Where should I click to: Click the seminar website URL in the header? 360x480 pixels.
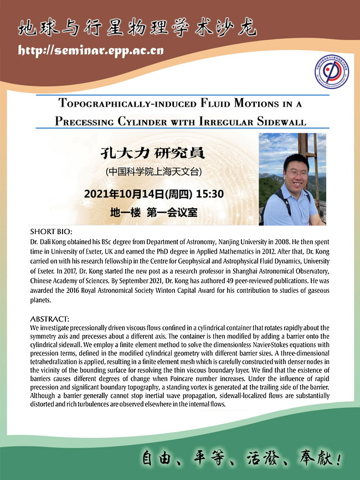tap(91, 51)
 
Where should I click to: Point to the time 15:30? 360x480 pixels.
tap(208, 194)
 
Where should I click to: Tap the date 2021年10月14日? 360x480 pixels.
tap(125, 194)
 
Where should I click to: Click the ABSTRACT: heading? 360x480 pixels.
tap(50, 319)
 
